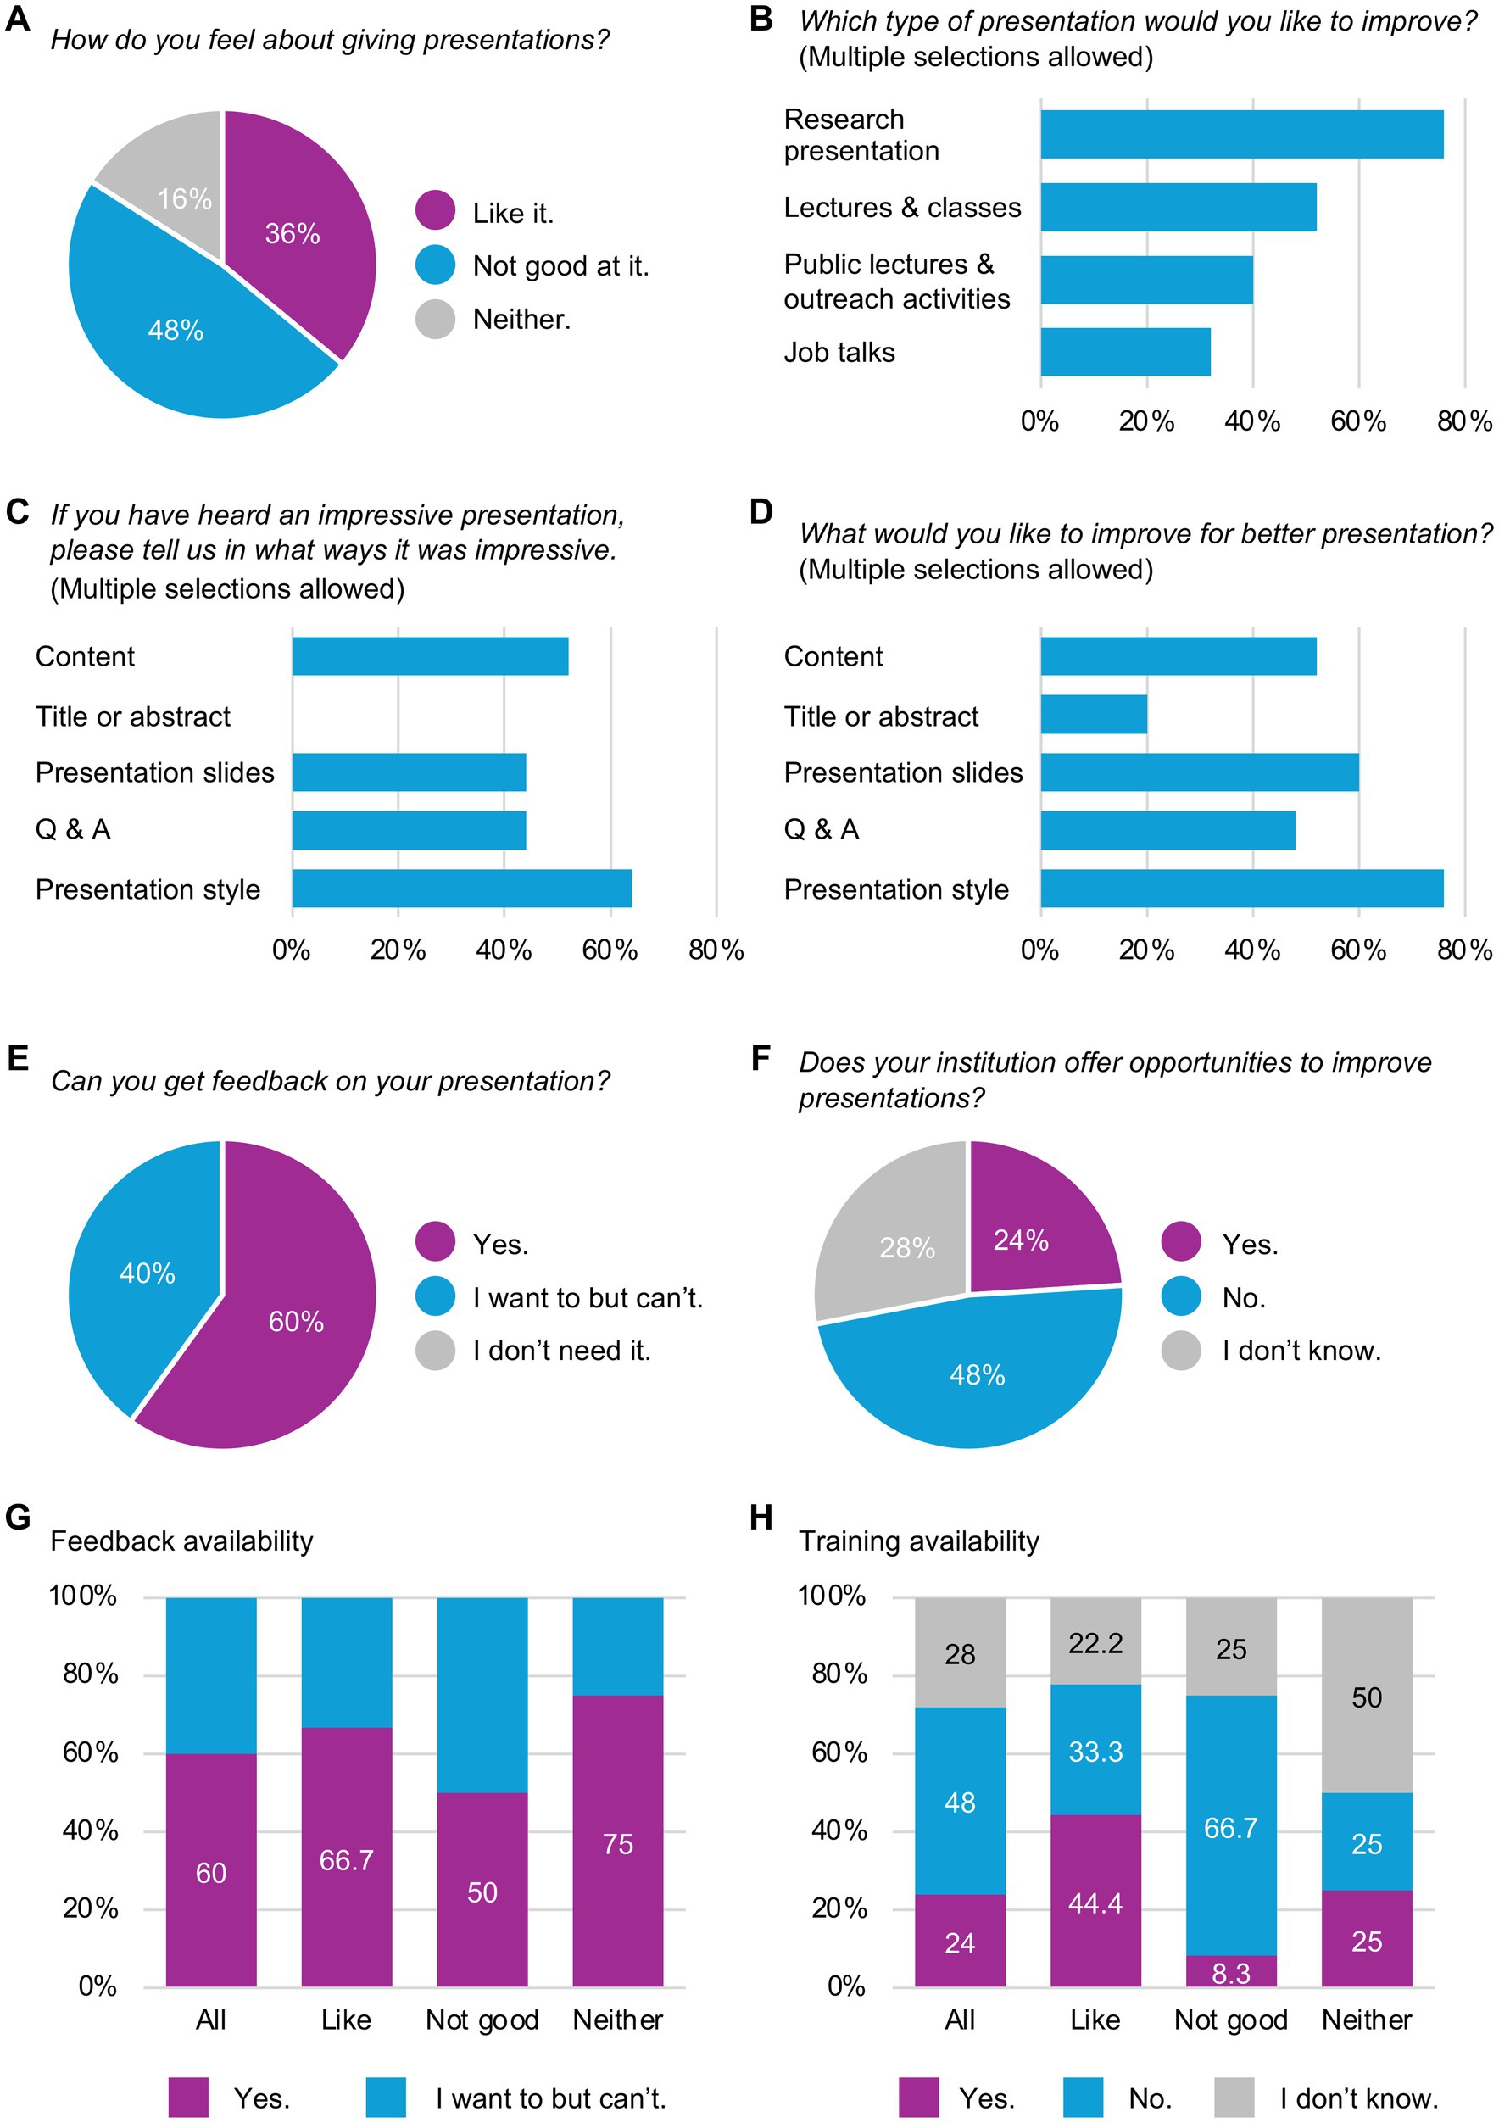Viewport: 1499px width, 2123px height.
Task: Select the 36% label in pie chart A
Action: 293,233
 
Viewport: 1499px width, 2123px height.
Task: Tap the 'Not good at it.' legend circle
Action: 435,265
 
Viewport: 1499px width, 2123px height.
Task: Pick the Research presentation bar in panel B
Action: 1241,134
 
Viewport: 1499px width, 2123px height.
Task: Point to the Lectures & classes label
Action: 901,207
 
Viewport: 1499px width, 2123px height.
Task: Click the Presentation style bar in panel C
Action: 461,888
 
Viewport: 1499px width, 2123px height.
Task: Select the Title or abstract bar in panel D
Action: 1093,715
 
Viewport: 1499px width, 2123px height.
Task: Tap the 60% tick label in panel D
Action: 1357,950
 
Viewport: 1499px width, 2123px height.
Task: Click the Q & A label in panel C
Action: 73,829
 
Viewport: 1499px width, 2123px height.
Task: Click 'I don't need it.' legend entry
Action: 560,1351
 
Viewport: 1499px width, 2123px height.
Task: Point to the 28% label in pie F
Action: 906,1248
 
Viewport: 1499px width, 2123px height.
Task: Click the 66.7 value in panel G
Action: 346,1859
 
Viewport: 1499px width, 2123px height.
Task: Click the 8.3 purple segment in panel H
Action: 1230,1973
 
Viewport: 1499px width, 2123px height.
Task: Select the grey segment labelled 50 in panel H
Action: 1366,1697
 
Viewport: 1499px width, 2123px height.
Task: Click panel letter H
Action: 761,1518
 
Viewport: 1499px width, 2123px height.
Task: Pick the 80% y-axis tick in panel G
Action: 90,1674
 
